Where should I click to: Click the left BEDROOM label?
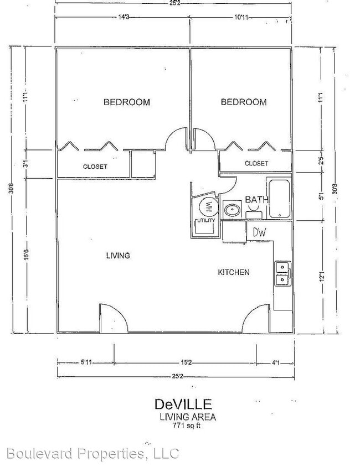pos(127,102)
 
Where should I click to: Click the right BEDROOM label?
pos(243,102)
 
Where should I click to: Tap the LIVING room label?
pos(118,256)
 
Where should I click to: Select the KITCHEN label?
pos(233,272)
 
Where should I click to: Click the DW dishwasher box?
pos(260,233)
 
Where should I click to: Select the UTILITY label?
pos(204,221)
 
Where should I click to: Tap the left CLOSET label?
pos(95,167)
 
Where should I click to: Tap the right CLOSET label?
pos(256,163)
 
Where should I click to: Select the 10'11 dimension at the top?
pos(240,17)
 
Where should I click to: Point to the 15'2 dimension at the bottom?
pos(185,363)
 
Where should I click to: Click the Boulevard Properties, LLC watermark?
pos(90,454)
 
